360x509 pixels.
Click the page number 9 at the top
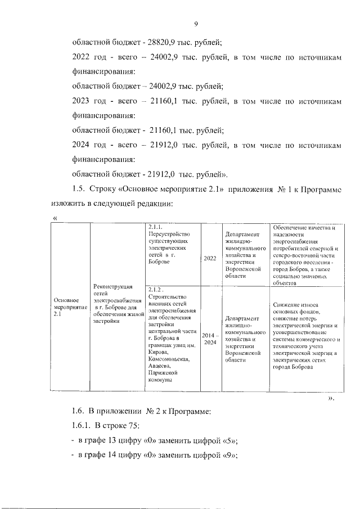(196, 24)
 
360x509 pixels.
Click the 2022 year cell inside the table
(210, 258)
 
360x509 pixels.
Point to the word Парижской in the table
(164, 372)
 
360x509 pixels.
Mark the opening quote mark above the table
(55, 218)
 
